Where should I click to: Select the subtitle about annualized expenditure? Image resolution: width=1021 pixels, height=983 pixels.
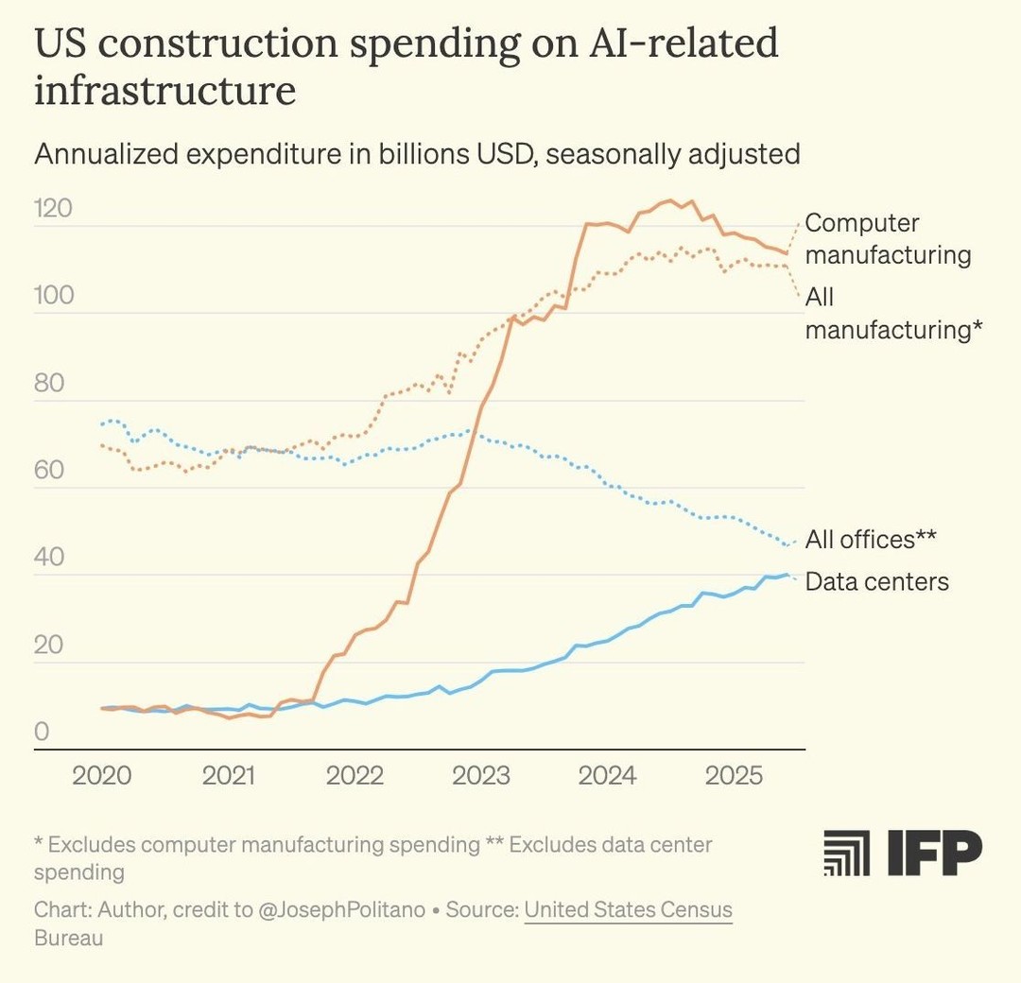pyautogui.click(x=417, y=153)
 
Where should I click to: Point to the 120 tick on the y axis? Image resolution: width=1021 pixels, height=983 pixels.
pyautogui.click(x=53, y=208)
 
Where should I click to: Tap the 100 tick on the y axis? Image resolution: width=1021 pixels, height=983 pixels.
pyautogui.click(x=53, y=295)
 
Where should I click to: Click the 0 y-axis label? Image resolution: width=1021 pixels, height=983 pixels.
pyautogui.click(x=42, y=732)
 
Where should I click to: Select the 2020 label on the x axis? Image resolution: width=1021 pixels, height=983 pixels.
pyautogui.click(x=102, y=776)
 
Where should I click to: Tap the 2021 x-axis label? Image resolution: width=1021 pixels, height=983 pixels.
pyautogui.click(x=229, y=776)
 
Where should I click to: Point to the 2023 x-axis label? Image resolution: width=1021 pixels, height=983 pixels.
pyautogui.click(x=481, y=776)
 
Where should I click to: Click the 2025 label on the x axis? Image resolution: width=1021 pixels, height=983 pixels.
pyautogui.click(x=735, y=776)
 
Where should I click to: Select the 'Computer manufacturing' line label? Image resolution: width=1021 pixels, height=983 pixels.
pyautogui.click(x=887, y=239)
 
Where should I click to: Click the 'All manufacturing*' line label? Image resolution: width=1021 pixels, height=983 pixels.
pyautogui.click(x=893, y=313)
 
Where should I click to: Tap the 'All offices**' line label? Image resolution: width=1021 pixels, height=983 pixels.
pyautogui.click(x=870, y=539)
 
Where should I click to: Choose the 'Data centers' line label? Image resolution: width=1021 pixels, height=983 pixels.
pyautogui.click(x=876, y=581)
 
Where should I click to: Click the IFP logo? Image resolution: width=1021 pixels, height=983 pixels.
pyautogui.click(x=903, y=854)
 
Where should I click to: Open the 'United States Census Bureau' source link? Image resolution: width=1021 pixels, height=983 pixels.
pyautogui.click(x=628, y=910)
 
